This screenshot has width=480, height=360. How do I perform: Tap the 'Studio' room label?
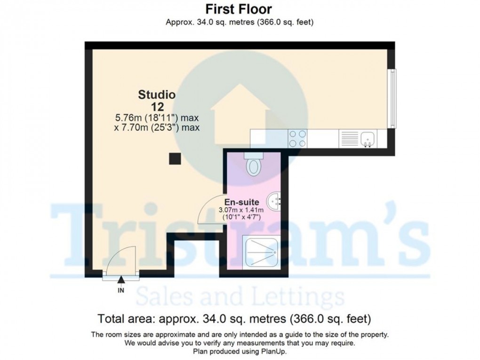pos(157,95)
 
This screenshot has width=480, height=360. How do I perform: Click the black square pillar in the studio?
pos(175,159)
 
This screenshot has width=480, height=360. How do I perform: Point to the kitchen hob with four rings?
pos(297,138)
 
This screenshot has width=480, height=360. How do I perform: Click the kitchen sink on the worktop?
pos(368,138)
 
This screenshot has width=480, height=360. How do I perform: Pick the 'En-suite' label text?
pos(241,202)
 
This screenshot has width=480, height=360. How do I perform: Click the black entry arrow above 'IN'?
pos(121,280)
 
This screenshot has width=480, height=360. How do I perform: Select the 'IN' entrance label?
pos(121,290)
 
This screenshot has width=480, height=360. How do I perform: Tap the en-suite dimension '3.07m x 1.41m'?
pos(241,210)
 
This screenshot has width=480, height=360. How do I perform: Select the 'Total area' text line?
pos(234,319)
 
